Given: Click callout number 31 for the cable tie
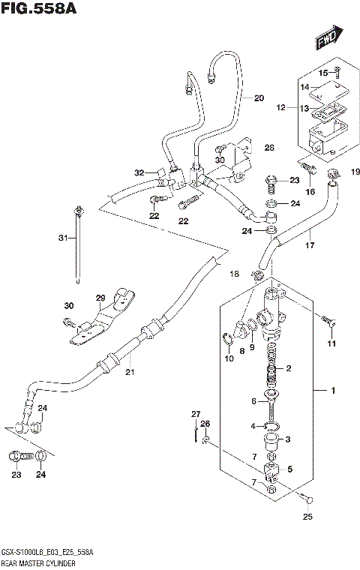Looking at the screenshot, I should click(63, 238).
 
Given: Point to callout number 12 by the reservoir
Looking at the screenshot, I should click(281, 108).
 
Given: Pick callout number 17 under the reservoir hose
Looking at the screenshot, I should click(308, 244).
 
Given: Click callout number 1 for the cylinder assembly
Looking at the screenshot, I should click(322, 391).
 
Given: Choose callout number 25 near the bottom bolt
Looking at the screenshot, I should click(307, 516).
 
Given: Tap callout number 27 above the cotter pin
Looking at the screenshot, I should click(196, 414).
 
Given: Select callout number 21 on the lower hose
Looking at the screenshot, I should click(128, 373).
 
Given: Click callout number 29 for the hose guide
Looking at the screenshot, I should click(121, 298).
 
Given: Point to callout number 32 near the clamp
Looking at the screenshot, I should click(139, 173).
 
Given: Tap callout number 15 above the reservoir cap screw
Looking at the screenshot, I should click(325, 73).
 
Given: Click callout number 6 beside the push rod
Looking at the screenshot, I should click(254, 401).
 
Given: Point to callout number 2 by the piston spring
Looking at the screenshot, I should click(287, 369).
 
